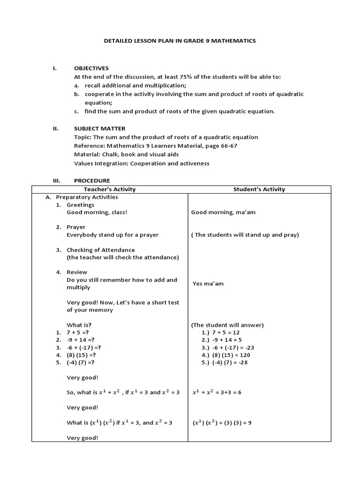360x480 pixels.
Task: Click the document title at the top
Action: [x=180, y=41]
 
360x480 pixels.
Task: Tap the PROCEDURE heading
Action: [x=92, y=180]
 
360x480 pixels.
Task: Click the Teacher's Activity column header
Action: [x=110, y=189]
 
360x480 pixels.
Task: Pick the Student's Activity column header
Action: [x=259, y=189]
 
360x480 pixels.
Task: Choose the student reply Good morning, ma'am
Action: [x=223, y=212]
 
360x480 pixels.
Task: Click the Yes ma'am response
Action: [x=208, y=284]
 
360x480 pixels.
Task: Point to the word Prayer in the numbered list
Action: [x=76, y=227]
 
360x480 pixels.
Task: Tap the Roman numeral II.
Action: [x=55, y=128]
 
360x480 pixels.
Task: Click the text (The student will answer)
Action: [x=227, y=325]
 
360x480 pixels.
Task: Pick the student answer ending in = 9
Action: [x=222, y=423]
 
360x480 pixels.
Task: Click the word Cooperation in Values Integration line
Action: [x=148, y=164]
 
